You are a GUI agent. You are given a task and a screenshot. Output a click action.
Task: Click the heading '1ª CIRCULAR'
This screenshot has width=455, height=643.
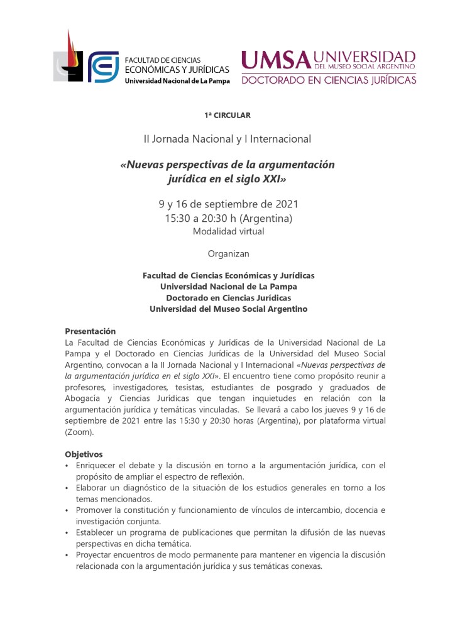point(227,116)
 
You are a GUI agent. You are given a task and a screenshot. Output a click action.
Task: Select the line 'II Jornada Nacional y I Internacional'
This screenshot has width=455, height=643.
point(227,138)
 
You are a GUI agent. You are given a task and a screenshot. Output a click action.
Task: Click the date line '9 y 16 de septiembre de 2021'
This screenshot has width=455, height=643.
point(227,204)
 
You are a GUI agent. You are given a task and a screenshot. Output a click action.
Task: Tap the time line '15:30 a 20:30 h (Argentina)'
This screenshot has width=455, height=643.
point(227,218)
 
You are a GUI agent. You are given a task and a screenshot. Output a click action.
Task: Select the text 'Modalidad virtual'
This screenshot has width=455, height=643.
point(227,231)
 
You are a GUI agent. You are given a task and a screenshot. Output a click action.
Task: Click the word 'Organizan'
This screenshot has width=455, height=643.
point(228,254)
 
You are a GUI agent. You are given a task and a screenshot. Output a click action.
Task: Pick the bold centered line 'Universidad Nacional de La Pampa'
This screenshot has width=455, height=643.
point(228,287)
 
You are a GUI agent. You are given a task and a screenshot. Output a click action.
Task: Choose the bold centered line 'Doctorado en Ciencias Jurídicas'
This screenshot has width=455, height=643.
point(228,298)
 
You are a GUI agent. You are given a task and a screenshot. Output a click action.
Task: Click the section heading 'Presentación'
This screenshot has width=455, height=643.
point(90,331)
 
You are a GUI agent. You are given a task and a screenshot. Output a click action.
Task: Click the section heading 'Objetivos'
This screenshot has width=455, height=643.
point(84,454)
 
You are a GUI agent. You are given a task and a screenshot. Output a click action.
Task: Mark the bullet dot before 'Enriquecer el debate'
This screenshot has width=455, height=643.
point(68,466)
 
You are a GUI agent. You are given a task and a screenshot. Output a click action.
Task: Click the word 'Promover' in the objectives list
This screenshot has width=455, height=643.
point(94,510)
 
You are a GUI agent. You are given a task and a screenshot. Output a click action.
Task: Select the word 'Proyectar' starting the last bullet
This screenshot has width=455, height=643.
point(95,555)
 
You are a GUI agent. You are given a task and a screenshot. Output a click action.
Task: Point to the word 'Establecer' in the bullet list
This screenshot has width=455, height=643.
point(97,533)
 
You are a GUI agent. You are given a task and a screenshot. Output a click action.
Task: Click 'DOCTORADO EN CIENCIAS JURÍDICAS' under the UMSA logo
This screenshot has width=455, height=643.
point(328,80)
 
